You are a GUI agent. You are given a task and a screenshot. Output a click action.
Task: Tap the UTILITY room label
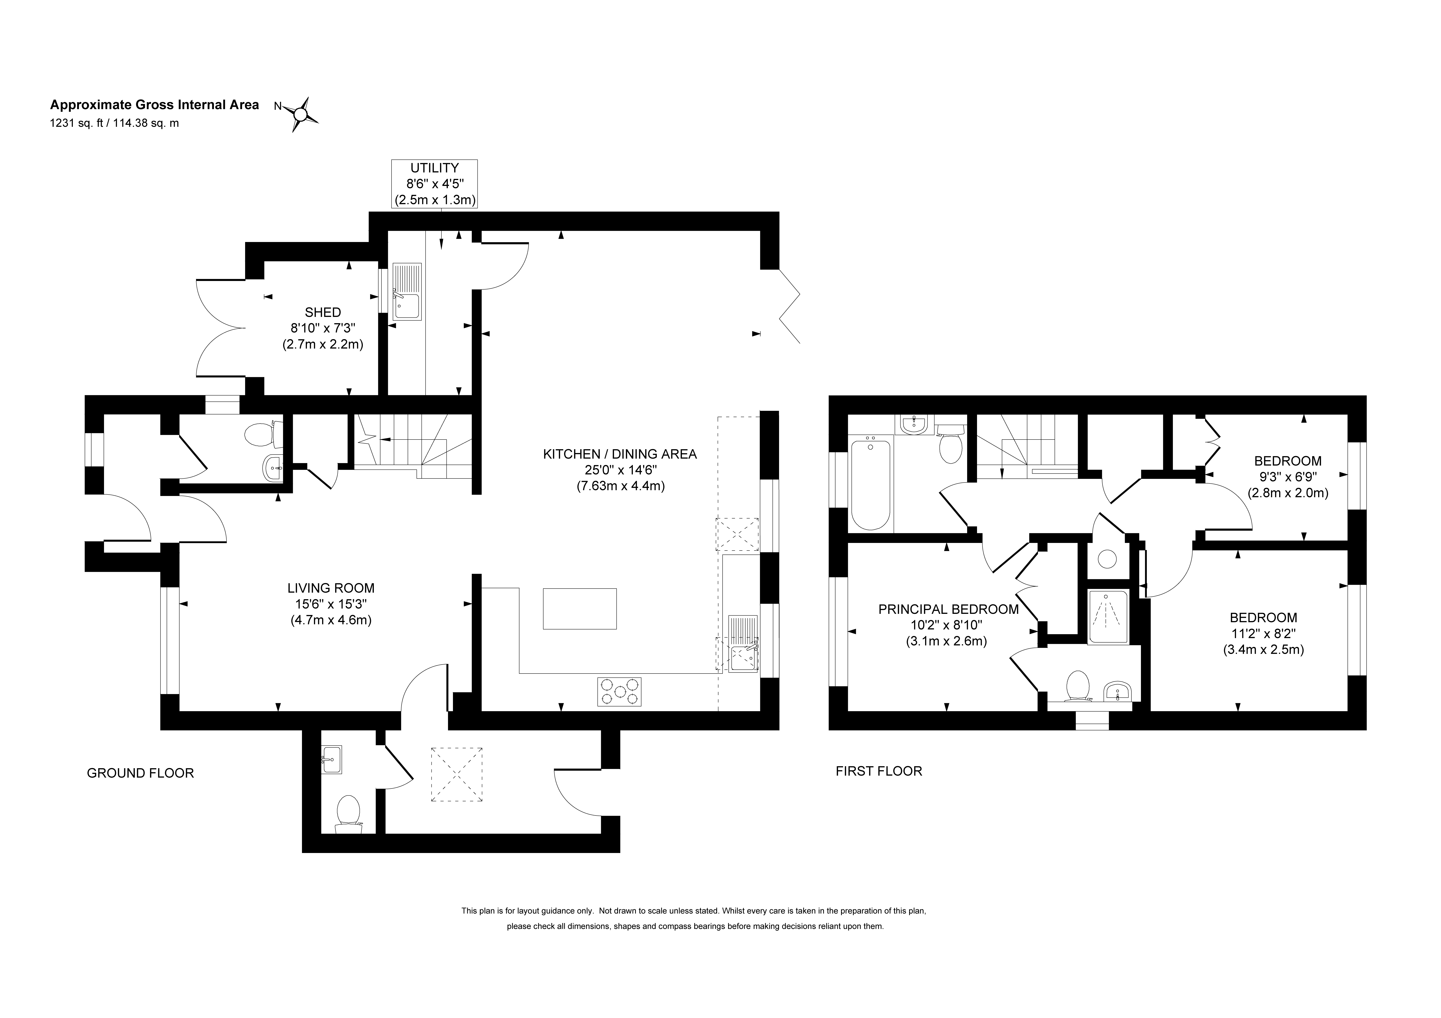pos(434,168)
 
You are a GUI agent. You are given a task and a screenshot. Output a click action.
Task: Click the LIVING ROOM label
pos(331,588)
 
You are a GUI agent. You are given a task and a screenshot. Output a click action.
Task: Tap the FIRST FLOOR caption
pos(879,771)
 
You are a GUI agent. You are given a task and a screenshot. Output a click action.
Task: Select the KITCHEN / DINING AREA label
pos(620,454)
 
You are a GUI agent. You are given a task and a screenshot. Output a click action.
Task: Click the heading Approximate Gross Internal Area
pos(154,105)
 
